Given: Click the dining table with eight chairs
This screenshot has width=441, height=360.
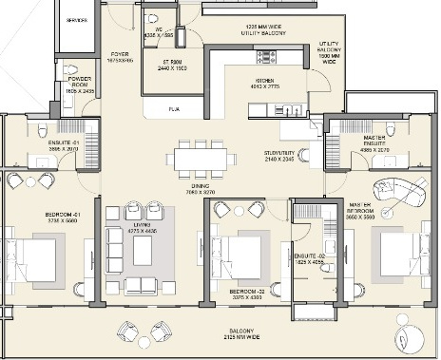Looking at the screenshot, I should point(200,157).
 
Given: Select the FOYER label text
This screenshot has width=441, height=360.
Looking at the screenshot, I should point(120,54).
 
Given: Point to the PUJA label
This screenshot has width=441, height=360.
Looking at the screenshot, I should point(174,109).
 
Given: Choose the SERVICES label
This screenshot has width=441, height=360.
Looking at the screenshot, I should point(66,18).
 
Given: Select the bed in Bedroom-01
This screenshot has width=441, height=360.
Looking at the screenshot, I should point(33,258).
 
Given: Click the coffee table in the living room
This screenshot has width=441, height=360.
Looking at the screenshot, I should point(143,250).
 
